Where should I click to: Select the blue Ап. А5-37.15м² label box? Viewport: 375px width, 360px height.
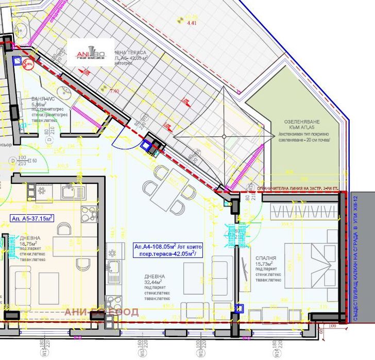coord(32,218)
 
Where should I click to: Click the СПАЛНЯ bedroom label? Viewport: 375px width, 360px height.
coord(265,258)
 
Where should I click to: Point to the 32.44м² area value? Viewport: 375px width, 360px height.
coord(153,282)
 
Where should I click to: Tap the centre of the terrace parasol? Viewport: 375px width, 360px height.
coord(223,135)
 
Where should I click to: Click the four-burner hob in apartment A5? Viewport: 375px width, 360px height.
coord(89,212)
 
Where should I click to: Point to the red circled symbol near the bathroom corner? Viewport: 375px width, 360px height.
coord(29,64)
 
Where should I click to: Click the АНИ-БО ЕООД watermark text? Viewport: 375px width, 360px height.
coord(101,312)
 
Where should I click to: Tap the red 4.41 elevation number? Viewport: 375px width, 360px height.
coord(192,23)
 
